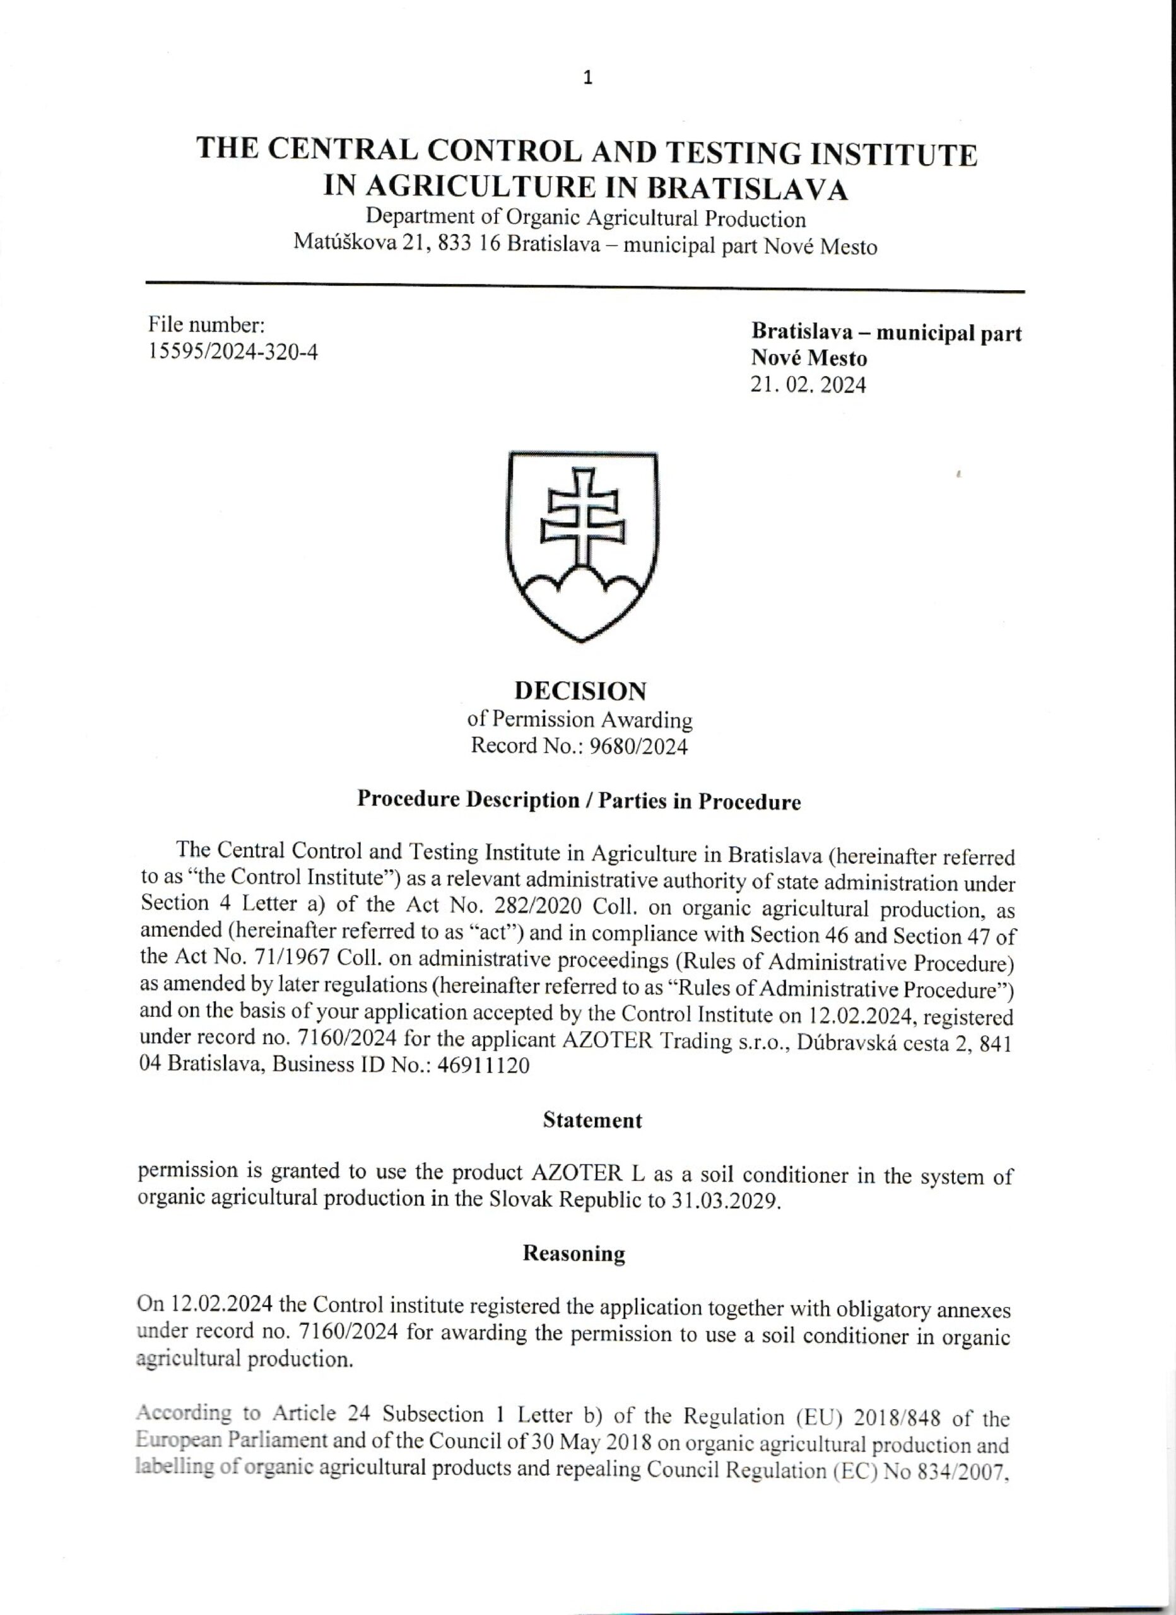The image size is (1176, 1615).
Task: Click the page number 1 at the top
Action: tap(587, 79)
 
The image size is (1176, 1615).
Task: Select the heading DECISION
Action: tap(580, 691)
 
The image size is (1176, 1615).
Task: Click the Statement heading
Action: tap(592, 1121)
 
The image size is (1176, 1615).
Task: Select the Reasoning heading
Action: tap(573, 1254)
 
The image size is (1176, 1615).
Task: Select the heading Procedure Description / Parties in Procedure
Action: tap(579, 801)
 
